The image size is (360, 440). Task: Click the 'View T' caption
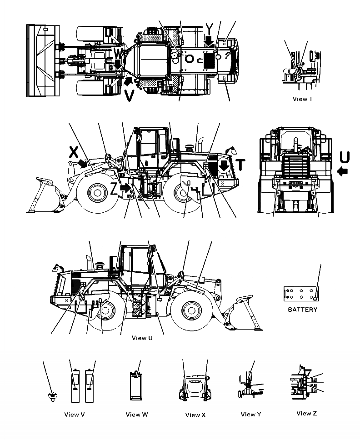(303, 99)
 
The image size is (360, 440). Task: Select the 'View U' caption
(142, 338)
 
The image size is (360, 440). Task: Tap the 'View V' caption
(75, 414)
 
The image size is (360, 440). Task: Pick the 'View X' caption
(196, 415)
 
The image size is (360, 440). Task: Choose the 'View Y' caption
(251, 414)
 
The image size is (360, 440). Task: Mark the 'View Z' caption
(306, 413)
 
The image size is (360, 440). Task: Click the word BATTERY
(302, 310)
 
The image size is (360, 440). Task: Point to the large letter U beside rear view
(345, 157)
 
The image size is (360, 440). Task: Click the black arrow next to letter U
(344, 171)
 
